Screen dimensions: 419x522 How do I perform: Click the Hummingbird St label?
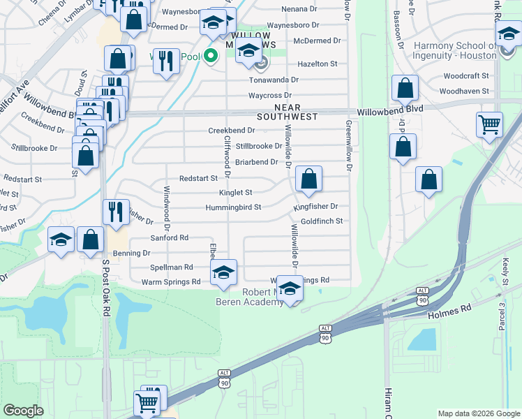tap(232, 207)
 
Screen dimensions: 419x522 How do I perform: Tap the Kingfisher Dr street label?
tap(315, 207)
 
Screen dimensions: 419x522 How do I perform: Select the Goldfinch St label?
tap(321, 221)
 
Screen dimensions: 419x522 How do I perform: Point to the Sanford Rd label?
tap(170, 237)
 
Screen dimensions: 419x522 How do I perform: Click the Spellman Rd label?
tap(172, 267)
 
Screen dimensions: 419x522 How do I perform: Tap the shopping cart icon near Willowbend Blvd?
tap(490, 125)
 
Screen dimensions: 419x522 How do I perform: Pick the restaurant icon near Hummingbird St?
tap(116, 211)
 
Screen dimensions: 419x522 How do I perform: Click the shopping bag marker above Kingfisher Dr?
tap(308, 179)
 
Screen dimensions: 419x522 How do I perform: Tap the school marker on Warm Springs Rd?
tap(223, 272)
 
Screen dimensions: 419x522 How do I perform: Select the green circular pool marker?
tap(209, 57)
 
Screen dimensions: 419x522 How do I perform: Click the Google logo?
tap(23, 411)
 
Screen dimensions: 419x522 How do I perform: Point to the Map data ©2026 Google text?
tap(478, 413)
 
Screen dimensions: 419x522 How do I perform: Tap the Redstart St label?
tap(198, 179)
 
